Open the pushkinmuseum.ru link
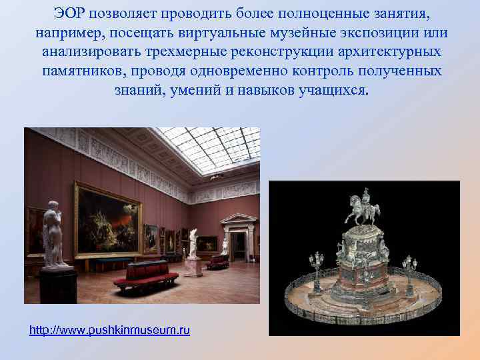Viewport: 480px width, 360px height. [110, 330]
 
